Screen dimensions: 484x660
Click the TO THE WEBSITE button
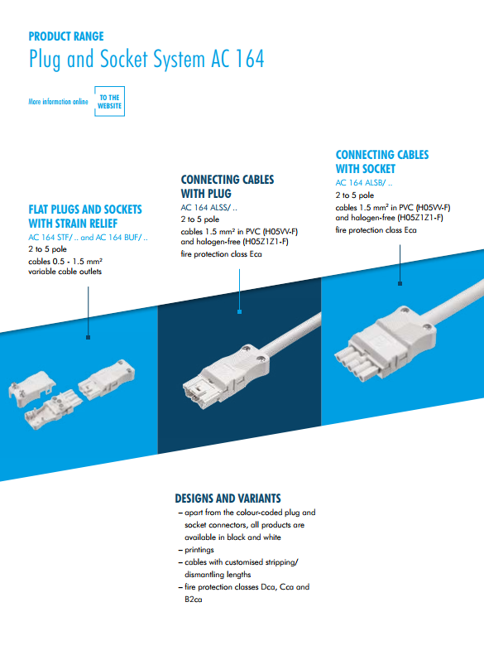[x=109, y=101]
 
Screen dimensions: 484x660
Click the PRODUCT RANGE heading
[x=66, y=36]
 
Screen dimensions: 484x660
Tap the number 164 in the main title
[x=249, y=59]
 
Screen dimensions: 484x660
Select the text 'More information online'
[x=58, y=101]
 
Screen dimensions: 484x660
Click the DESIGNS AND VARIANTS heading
[x=228, y=499]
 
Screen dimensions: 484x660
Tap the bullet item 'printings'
[x=199, y=550]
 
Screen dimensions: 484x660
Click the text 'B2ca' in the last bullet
[x=194, y=600]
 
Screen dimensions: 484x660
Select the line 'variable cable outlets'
[x=65, y=272]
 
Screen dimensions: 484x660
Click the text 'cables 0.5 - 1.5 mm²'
[x=65, y=262]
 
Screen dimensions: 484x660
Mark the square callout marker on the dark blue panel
[x=239, y=312]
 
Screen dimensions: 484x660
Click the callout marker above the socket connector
[x=400, y=284]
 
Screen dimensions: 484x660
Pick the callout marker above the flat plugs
[x=88, y=337]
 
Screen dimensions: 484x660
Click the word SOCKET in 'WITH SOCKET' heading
[x=377, y=169]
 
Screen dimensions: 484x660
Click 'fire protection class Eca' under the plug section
[x=221, y=254]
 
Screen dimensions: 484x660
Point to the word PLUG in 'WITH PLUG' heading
[x=218, y=194]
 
